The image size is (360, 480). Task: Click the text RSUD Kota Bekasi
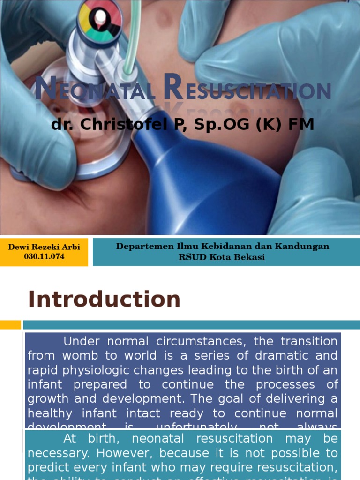click(222, 257)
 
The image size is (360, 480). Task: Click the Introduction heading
click(104, 299)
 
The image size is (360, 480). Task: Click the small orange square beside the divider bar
click(10, 324)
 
